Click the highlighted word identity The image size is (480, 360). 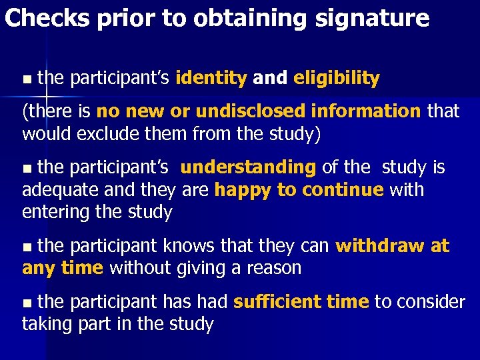click(x=211, y=79)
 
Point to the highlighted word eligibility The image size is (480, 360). click(x=336, y=79)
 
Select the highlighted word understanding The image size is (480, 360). click(x=248, y=167)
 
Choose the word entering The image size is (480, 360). click(x=56, y=213)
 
